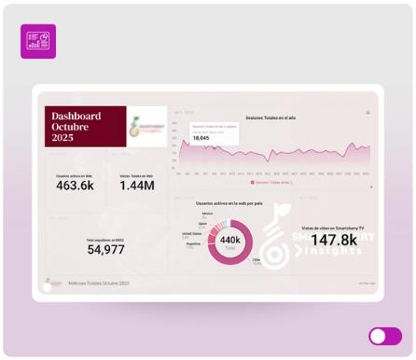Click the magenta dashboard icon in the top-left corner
(38, 41)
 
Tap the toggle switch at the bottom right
(385, 336)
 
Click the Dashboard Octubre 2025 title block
(85, 124)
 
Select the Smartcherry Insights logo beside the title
(146, 125)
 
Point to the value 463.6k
(75, 186)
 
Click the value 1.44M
(137, 186)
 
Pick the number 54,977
(105, 250)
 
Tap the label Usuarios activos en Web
(75, 175)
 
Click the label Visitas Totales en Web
(137, 175)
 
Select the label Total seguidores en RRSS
(105, 240)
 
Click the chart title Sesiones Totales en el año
(270, 118)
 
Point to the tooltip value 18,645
(201, 138)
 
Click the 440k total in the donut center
(229, 240)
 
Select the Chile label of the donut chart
(257, 261)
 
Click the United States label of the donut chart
(191, 235)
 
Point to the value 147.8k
(334, 241)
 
